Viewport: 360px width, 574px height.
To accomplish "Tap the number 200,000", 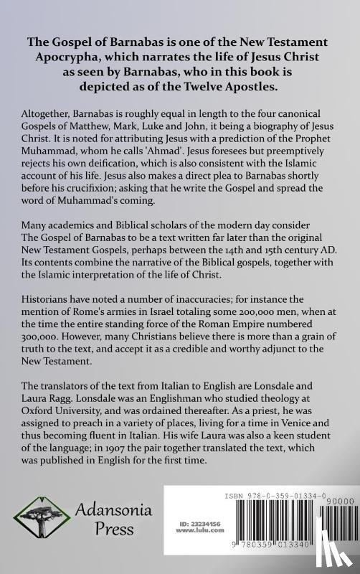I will [241, 360].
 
